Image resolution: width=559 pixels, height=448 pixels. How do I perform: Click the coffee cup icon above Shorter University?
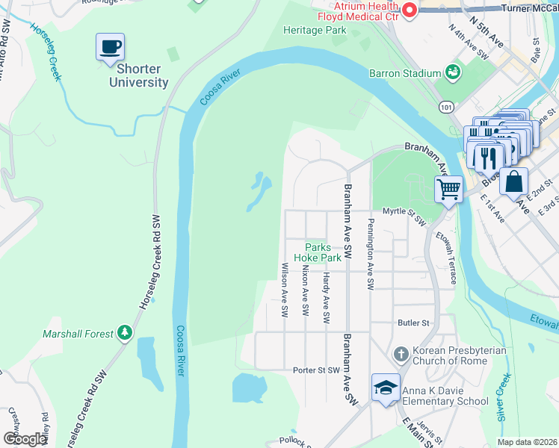click(110, 47)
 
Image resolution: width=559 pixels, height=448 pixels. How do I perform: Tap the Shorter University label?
click(139, 76)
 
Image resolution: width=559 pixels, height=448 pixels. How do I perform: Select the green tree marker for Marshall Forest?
click(126, 334)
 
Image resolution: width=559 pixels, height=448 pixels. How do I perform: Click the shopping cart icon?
click(448, 188)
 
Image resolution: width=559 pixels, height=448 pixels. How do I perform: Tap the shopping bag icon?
click(514, 181)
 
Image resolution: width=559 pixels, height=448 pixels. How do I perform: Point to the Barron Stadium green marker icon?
click(452, 72)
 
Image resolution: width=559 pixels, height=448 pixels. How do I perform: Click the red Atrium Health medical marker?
click(410, 10)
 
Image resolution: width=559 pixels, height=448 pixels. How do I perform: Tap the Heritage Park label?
click(315, 31)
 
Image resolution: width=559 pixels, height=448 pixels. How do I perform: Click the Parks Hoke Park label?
click(323, 252)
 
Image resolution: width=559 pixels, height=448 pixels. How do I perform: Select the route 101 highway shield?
click(446, 107)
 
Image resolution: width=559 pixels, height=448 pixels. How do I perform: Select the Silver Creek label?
click(504, 399)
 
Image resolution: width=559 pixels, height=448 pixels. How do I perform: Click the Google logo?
click(25, 438)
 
